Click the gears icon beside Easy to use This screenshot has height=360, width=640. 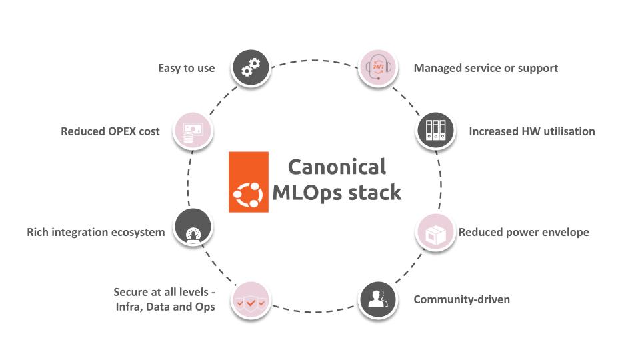coord(251,68)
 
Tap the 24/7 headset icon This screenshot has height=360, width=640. coord(378,68)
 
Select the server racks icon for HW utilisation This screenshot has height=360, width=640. coord(435,131)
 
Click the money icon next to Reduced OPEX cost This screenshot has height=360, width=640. coord(193,131)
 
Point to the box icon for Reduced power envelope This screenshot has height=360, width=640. coord(435,232)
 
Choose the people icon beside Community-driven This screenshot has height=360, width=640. coord(378,300)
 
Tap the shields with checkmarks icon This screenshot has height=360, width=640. coord(251,301)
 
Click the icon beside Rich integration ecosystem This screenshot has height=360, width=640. coord(193,227)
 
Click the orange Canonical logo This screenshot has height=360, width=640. coord(249,182)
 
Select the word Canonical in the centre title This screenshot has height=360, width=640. coord(337,167)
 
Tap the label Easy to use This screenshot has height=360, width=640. coord(187,68)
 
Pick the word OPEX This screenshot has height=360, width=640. coord(122,131)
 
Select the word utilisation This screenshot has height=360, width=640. coord(569,131)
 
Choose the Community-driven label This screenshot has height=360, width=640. coord(461,299)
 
